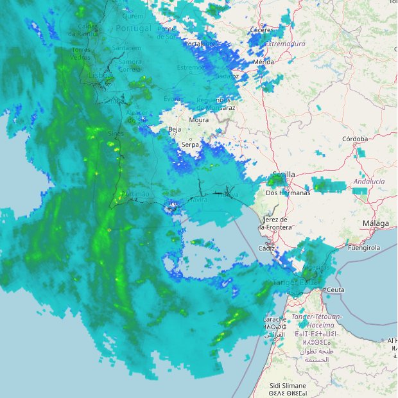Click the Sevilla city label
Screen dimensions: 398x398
point(284,175)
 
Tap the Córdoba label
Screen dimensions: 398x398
point(355,139)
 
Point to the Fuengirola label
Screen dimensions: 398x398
point(363,248)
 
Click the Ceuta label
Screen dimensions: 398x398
point(336,290)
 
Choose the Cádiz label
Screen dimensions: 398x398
point(266,248)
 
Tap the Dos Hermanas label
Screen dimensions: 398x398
point(288,193)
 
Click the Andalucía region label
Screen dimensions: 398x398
point(368,182)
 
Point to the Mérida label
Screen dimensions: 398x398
point(264,62)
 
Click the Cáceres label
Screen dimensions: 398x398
point(261,30)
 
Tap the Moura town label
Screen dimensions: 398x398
point(199,120)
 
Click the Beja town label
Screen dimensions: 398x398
point(174,130)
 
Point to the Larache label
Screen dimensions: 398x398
point(275,319)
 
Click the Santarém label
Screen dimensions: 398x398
point(126,48)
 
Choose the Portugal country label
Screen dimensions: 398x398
point(134,29)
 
